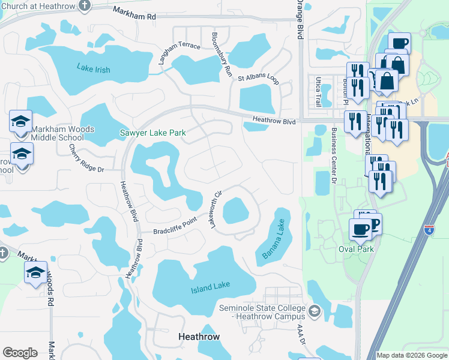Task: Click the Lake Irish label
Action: [94, 69]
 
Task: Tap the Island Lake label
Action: [210, 290]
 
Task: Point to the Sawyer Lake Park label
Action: [152, 133]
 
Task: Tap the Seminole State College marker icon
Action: [316, 311]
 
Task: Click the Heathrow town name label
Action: [199, 337]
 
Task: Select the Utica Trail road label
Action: [318, 92]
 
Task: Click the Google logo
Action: [20, 353]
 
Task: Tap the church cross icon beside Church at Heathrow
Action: [85, 5]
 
